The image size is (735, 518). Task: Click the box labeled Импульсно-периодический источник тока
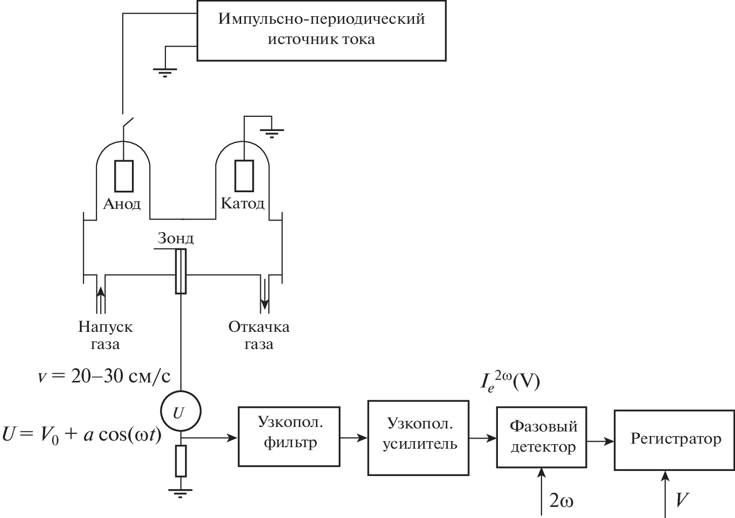coord(321,30)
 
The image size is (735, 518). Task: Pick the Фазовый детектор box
coord(542,437)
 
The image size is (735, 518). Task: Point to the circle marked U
coord(180,412)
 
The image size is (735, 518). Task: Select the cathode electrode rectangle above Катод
coord(244,176)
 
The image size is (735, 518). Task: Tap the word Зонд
coord(175,239)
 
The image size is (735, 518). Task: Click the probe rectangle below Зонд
coord(180,271)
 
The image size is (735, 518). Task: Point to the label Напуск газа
coord(106,335)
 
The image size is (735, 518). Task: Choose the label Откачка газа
coord(259,335)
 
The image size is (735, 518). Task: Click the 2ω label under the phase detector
coord(561,501)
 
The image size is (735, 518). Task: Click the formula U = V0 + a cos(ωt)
coord(82,435)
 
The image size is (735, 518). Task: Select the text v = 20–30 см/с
coord(104,376)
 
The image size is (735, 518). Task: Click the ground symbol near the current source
coord(165,71)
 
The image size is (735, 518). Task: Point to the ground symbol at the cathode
coord(272,133)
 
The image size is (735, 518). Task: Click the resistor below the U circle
coord(180,461)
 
